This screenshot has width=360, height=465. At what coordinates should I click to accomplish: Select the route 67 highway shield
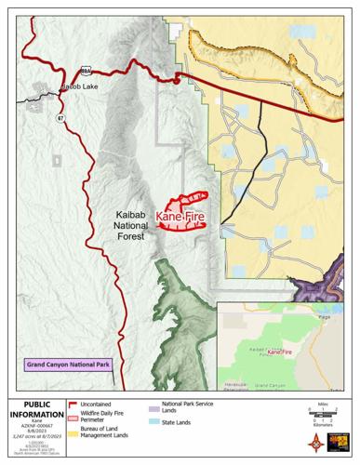point(61,118)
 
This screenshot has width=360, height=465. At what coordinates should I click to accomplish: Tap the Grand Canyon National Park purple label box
point(69,365)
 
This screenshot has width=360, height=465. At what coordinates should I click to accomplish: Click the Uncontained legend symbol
point(73,405)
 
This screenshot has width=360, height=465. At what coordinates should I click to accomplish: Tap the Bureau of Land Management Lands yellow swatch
point(73,433)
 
